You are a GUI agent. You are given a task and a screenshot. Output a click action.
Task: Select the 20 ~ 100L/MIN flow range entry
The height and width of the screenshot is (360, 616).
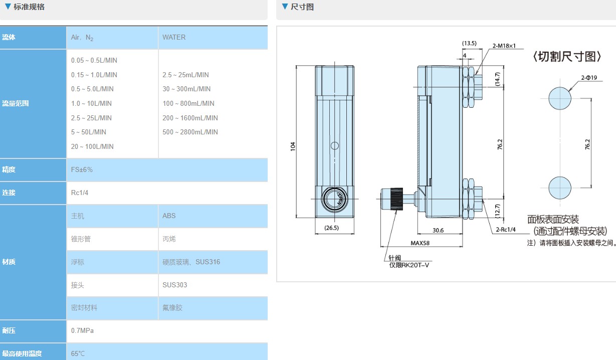(92, 146)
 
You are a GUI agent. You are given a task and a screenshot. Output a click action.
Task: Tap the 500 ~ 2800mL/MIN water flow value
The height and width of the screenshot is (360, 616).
(190, 132)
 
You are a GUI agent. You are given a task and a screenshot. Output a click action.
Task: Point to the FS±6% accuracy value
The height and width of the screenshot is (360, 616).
(82, 169)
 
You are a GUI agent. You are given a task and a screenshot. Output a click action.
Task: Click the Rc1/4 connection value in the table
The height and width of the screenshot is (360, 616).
(80, 193)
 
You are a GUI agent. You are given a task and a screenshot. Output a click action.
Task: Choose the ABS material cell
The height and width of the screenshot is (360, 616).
(169, 216)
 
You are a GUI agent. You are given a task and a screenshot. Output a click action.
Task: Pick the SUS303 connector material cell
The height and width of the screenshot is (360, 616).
(174, 285)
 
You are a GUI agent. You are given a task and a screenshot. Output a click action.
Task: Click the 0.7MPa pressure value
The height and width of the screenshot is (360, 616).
(82, 330)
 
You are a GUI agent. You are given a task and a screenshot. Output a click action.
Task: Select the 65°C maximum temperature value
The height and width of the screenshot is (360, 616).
(78, 353)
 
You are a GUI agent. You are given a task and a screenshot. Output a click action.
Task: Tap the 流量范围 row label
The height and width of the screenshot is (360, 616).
(16, 103)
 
